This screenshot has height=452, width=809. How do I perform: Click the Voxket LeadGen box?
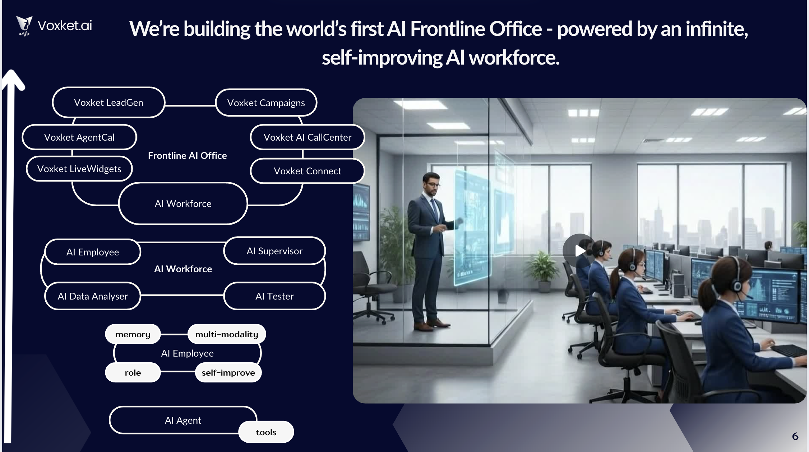coord(108,103)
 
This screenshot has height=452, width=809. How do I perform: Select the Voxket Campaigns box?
coord(266,103)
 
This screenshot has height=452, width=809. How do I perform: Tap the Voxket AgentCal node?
coord(79,137)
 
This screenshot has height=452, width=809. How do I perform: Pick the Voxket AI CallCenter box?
coord(307,137)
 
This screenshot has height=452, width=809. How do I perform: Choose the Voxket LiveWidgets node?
coord(79,169)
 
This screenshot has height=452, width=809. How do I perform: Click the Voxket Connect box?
coord(307,171)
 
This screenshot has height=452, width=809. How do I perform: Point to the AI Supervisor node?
coord(274,251)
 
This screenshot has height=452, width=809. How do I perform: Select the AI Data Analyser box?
coord(93,296)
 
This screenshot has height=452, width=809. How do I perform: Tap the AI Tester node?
coord(274,296)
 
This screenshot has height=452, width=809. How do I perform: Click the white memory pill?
coord(133,334)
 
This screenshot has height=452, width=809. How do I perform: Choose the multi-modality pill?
coord(227,334)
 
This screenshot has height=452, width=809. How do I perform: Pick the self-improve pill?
coord(228,373)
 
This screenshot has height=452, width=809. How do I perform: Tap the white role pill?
coord(133,373)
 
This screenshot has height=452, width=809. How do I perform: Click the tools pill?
coord(266,432)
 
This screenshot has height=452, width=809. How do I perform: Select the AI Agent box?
coord(183,420)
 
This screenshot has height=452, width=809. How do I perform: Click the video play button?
coord(579,251)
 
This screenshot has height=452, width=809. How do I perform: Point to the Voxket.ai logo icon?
coord(24,26)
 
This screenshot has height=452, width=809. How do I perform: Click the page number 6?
coord(795,437)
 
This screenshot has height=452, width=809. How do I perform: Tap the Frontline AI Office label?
coord(187,156)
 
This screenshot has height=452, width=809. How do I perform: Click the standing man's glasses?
coord(434,185)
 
